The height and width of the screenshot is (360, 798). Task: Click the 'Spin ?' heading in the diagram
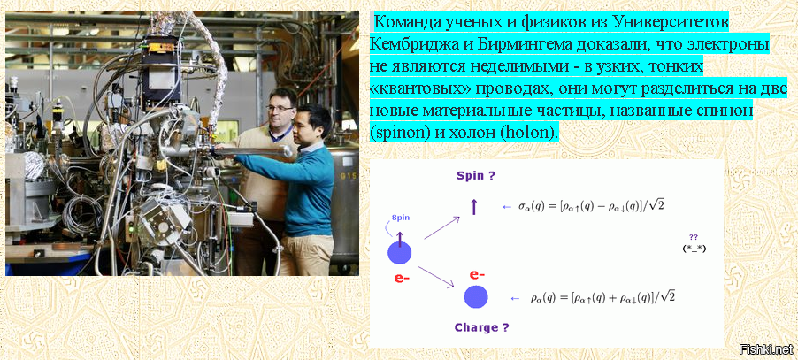[476, 176]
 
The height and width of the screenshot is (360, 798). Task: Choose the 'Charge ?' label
[481, 327]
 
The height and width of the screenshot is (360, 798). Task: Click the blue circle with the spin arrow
[399, 253]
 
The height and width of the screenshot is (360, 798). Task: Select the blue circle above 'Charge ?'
[476, 297]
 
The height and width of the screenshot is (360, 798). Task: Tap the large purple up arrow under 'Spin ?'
[474, 206]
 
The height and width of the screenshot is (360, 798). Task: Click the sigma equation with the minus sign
[591, 205]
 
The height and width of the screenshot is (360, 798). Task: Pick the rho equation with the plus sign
[603, 297]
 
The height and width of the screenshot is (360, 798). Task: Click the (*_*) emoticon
[694, 249]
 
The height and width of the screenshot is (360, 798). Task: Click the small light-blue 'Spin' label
[401, 218]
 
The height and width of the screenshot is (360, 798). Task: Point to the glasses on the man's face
[280, 108]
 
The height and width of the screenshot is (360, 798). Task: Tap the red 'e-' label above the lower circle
[477, 274]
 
